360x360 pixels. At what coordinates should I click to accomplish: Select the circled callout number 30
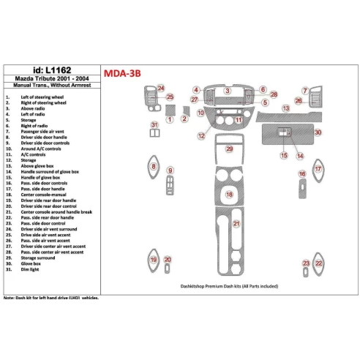coord(318,132)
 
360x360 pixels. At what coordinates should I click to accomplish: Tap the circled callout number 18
coord(229,195)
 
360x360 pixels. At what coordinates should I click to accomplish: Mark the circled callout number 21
coord(236,223)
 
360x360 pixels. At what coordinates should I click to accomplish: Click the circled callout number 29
coord(229,149)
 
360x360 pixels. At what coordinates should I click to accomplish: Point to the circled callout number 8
coord(153,167)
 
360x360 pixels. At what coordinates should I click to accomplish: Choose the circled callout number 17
coord(318,169)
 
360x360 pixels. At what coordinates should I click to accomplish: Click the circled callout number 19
coord(153,260)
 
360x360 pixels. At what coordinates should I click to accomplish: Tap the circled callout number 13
coord(287,108)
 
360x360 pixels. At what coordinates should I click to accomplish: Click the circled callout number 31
coord(154,125)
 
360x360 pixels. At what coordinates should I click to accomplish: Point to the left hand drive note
coord(50,299)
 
